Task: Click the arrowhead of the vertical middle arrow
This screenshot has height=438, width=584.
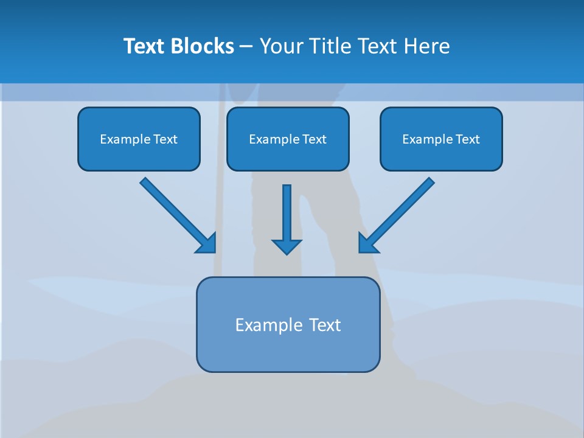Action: [x=287, y=246]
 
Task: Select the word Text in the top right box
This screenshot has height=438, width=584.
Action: [x=467, y=139]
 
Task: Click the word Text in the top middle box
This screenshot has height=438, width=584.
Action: [x=314, y=139]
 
